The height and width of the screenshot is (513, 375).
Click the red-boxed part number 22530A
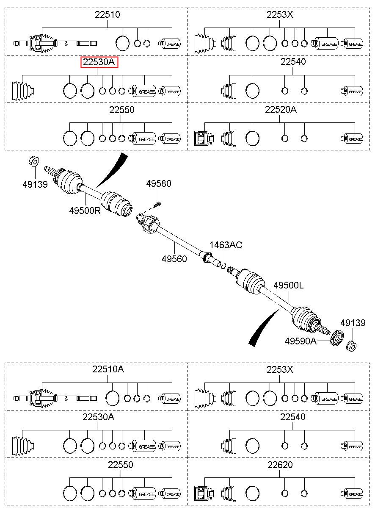point(99,62)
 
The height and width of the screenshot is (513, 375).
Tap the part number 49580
point(159,183)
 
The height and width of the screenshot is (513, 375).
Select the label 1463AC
point(226,245)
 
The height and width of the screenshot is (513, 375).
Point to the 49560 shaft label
point(174,259)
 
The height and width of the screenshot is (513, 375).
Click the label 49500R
point(85,211)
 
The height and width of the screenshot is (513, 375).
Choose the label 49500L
point(289,286)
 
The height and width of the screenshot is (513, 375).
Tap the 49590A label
point(301,341)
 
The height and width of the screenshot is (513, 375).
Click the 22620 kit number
point(280,465)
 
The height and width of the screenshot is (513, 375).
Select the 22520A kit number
point(281,110)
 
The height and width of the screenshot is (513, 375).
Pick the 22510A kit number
point(108,369)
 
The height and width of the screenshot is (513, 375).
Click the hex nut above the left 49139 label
point(34,161)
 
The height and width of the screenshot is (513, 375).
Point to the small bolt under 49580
point(157,204)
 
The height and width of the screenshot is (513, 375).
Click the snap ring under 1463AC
point(224,266)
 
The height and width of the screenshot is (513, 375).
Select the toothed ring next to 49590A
point(337,337)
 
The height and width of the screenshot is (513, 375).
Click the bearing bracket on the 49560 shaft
point(147,223)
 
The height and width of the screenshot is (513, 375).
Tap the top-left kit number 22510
point(108,15)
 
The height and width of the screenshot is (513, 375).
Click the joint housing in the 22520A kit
point(204,139)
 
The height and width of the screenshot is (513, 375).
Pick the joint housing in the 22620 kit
point(204,494)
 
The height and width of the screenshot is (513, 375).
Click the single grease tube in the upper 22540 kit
point(352,91)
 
